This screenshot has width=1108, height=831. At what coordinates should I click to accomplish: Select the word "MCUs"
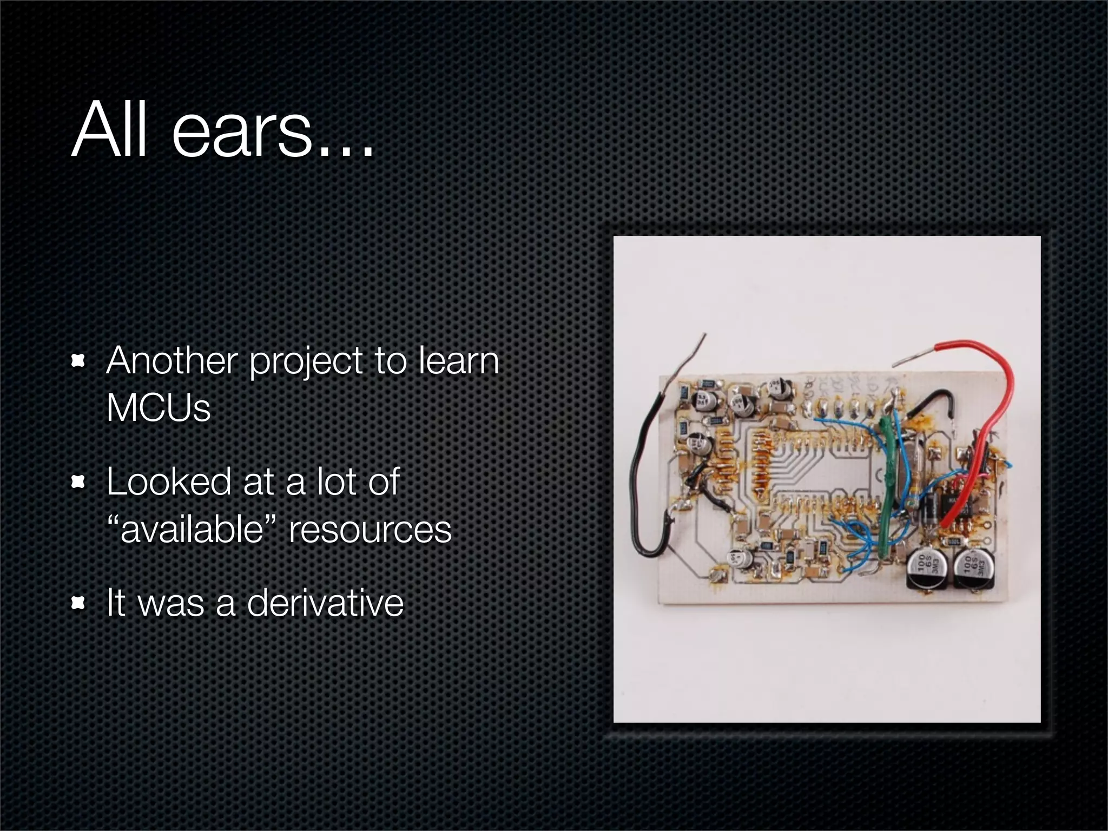coord(158,408)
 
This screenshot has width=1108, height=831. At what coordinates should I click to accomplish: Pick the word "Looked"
coord(168,481)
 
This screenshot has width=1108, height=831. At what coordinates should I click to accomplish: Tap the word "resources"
coord(370,529)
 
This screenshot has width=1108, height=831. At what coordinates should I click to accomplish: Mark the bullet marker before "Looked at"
coord(79,481)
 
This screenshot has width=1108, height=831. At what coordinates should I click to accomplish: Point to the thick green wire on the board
coord(887,476)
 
